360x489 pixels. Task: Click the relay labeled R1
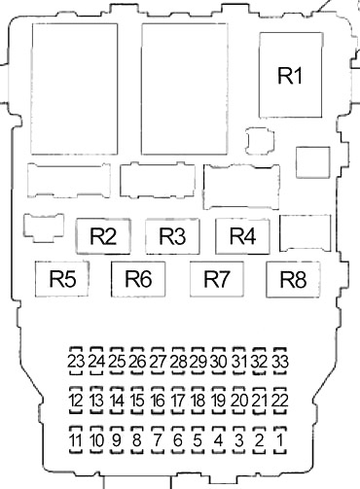[291, 75]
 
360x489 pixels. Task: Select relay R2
[103, 236]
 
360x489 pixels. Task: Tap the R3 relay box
[172, 236]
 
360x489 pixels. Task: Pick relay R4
[242, 236]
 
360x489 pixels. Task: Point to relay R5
[62, 279]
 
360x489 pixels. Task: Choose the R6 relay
[138, 279]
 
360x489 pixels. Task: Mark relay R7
[217, 279]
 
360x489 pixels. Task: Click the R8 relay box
[293, 279]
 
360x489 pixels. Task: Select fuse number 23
[76, 361]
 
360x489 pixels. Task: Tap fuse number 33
[280, 361]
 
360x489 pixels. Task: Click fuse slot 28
[178, 361]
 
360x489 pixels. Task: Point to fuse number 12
[76, 401]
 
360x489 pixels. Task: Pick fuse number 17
[178, 401]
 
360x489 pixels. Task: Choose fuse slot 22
[280, 401]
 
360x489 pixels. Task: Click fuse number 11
[76, 440]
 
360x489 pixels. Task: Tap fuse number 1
[280, 440]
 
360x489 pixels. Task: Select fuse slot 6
[178, 440]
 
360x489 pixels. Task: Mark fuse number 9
[117, 440]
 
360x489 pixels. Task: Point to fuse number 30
[219, 361]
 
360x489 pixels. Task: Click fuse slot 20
[239, 401]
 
